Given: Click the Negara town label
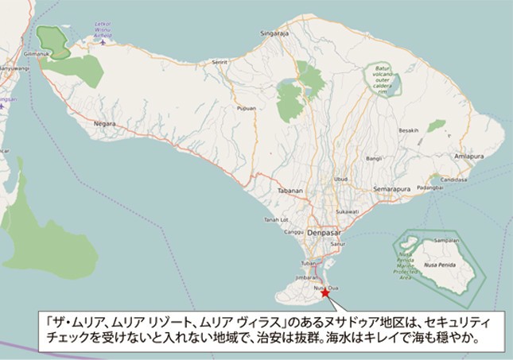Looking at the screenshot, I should click(x=105, y=124).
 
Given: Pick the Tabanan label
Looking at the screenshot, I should click(x=290, y=192).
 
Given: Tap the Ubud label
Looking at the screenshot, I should click(x=341, y=179).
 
